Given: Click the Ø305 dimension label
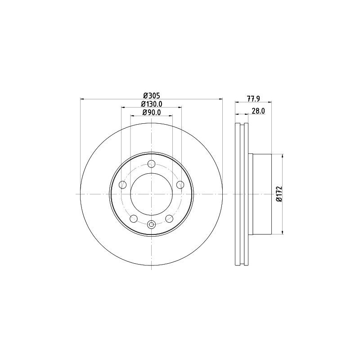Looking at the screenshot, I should pyautogui.click(x=152, y=95).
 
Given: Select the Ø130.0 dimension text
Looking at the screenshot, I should pyautogui.click(x=152, y=104).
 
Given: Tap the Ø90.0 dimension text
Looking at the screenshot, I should pyautogui.click(x=152, y=112).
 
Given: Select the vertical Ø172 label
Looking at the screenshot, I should pyautogui.click(x=279, y=194).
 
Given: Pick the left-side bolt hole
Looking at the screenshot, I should pyautogui.click(x=122, y=184).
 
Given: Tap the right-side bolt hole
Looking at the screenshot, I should pyautogui.click(x=180, y=184).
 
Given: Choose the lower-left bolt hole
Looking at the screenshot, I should pyautogui.click(x=134, y=219).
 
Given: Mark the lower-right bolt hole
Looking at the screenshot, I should pyautogui.click(x=169, y=219).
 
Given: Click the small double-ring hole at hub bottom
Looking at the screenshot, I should pyautogui.click(x=152, y=225).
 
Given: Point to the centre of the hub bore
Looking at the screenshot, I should pyautogui.click(x=152, y=194).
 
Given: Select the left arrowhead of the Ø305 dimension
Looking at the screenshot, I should pyautogui.click(x=82, y=99).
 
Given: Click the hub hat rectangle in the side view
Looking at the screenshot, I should pyautogui.click(x=262, y=194).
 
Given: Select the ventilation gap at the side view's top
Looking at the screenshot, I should pyautogui.click(x=242, y=126).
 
